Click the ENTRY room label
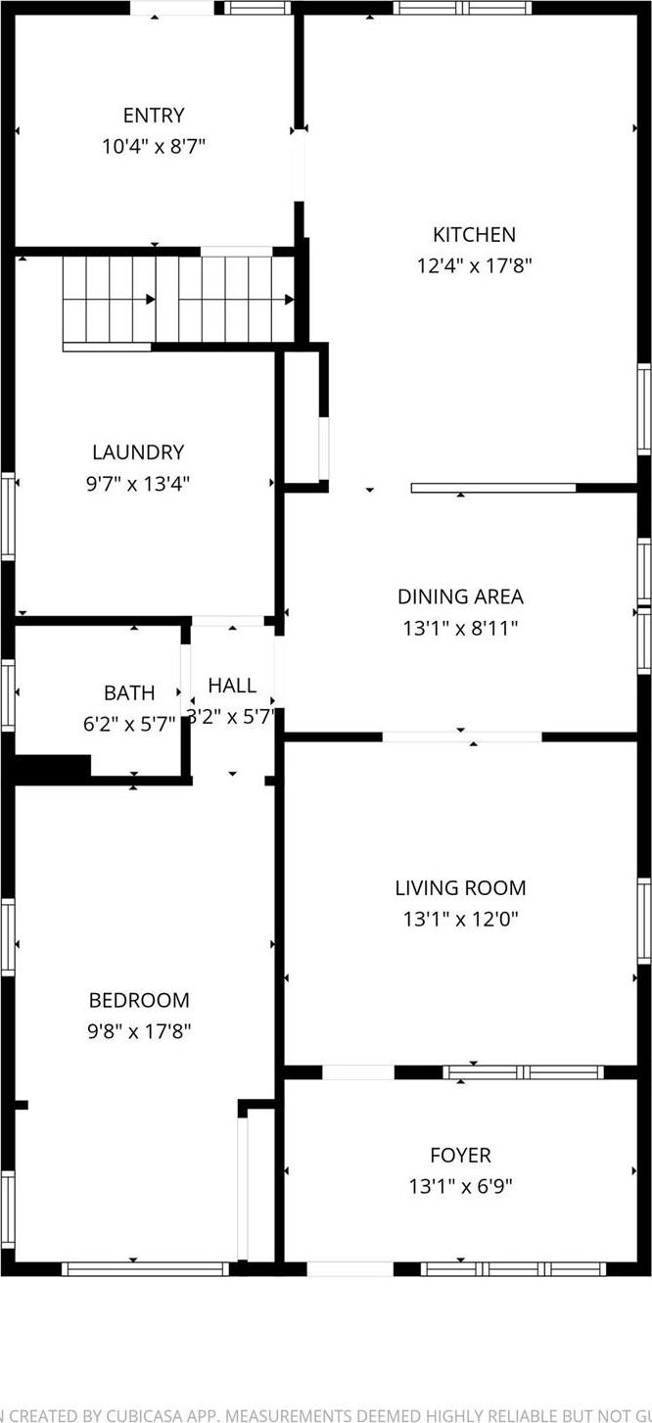click(x=154, y=116)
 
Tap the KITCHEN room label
click(x=474, y=234)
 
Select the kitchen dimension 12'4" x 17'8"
click(x=474, y=264)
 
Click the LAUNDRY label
click(x=138, y=452)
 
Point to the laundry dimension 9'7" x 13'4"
click(x=138, y=483)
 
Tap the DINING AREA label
click(x=460, y=596)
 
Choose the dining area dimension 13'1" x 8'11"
click(x=460, y=627)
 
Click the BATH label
click(x=129, y=693)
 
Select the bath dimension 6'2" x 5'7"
click(x=129, y=724)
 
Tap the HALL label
click(x=232, y=686)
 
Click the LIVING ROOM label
click(x=460, y=888)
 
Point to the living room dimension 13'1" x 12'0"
click(x=460, y=919)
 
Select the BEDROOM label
click(x=139, y=1000)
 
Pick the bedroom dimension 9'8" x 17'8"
click(x=139, y=1030)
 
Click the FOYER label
click(x=460, y=1156)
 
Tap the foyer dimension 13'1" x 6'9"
click(x=460, y=1187)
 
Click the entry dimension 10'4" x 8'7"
click(x=154, y=147)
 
